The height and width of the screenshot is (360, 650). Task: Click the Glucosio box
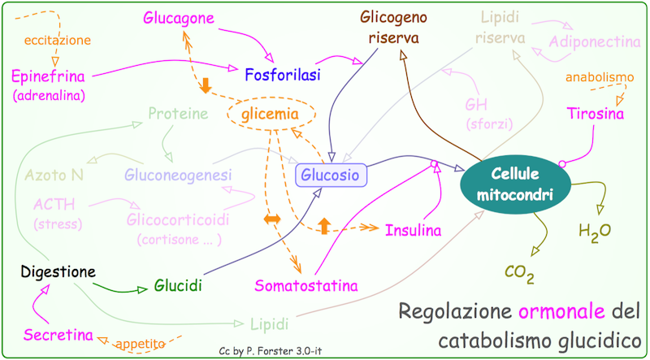coord(330,174)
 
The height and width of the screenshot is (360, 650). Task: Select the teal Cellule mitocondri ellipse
coord(515,184)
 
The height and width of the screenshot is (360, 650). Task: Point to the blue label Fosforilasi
coord(281,75)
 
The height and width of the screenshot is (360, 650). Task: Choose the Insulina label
coord(413,230)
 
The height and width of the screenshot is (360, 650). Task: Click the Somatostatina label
coord(306,285)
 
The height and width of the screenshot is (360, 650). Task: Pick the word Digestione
coord(58,271)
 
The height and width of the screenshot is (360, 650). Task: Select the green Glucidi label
coord(178,286)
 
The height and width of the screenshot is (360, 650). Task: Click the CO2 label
coord(519,274)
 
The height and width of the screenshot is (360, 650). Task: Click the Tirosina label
coord(596,115)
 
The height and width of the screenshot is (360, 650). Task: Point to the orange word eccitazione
coord(57,39)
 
